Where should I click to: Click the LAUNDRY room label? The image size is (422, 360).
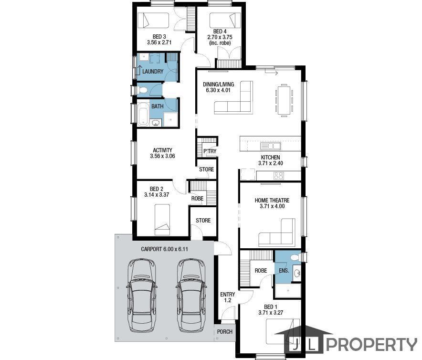tap(153, 71)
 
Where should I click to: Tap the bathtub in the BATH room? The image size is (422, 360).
tap(143, 114)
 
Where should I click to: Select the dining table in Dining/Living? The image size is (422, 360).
tap(284, 100)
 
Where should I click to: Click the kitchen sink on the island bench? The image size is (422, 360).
tap(271, 146)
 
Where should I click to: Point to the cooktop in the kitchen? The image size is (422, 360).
tap(279, 176)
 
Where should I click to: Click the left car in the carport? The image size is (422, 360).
tap(142, 296)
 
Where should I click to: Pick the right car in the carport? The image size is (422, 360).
tap(191, 296)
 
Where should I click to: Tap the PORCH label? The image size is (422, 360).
tap(224, 332)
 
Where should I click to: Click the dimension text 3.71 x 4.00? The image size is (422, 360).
tap(272, 206)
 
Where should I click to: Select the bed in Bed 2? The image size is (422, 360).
tap(162, 220)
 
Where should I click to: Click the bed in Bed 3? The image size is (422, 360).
tap(153, 21)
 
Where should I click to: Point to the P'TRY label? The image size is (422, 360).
tap(210, 151)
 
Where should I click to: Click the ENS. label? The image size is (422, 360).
tap(284, 271)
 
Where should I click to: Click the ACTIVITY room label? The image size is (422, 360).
tap(162, 150)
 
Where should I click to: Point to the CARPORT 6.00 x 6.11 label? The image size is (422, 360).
tap(164, 249)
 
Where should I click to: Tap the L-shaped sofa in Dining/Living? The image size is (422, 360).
tap(233, 97)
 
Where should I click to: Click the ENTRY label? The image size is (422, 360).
tap(227, 295)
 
